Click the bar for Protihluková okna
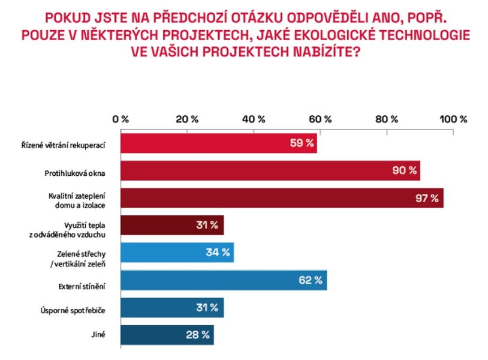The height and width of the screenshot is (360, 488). click(x=270, y=170)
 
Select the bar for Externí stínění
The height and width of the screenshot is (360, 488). click(x=223, y=280)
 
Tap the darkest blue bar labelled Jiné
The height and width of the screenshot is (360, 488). click(x=167, y=334)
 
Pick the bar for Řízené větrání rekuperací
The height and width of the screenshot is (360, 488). click(x=218, y=143)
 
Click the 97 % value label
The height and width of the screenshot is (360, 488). click(x=427, y=198)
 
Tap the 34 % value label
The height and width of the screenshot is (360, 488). click(x=218, y=253)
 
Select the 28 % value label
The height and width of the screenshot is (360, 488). click(x=198, y=334)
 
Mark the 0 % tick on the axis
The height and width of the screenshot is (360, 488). click(x=122, y=119)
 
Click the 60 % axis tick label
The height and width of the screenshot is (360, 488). click(x=320, y=119)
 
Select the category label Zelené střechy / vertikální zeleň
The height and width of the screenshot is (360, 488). click(x=82, y=253)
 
